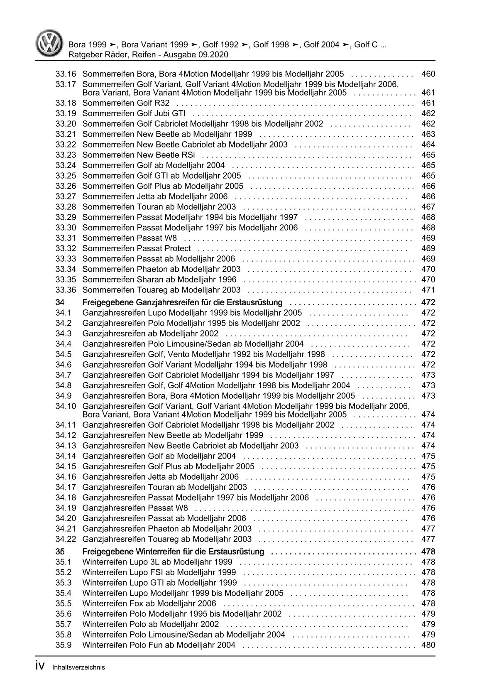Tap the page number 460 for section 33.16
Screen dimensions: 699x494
(x=428, y=74)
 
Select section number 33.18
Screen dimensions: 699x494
(x=66, y=103)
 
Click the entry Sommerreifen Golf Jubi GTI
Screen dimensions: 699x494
(x=134, y=113)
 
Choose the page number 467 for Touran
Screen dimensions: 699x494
(x=428, y=207)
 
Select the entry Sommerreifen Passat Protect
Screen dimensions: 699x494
(x=137, y=248)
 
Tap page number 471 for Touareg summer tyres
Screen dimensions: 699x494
(x=428, y=290)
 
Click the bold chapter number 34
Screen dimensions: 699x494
(x=60, y=302)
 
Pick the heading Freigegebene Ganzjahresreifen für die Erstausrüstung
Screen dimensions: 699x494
(x=183, y=302)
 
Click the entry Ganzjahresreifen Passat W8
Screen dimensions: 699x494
(x=135, y=508)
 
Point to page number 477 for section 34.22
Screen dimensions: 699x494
(x=428, y=539)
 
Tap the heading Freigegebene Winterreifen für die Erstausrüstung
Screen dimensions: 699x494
(x=173, y=552)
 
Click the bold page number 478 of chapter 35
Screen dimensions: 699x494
(x=428, y=552)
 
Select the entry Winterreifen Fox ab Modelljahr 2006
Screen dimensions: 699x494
(x=149, y=603)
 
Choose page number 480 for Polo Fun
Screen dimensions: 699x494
(x=428, y=645)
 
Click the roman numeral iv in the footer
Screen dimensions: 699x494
(x=40, y=667)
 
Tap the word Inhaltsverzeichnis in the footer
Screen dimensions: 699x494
(x=78, y=668)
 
